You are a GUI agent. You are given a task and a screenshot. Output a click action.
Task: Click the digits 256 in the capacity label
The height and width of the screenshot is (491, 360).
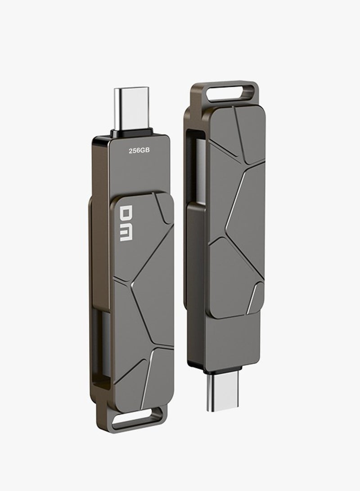pos(134,151)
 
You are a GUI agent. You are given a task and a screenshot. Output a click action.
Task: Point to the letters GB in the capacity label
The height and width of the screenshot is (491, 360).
pos(144,151)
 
